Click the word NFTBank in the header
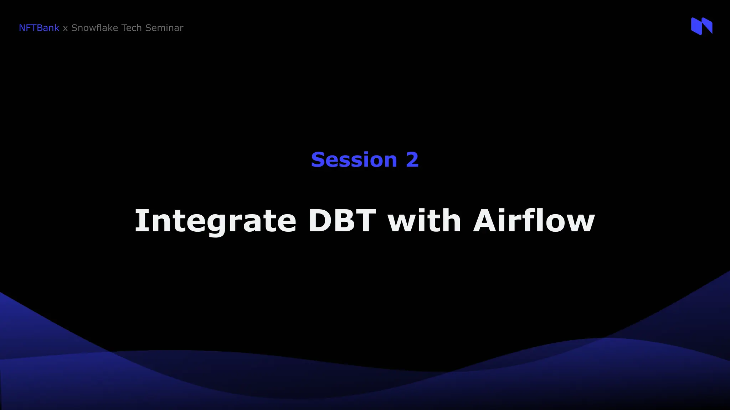point(39,28)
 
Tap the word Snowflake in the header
point(94,28)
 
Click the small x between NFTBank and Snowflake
point(65,28)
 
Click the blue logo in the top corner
point(701,26)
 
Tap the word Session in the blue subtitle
point(354,159)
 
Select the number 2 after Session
point(412,159)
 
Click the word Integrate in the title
point(215,221)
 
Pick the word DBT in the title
point(342,221)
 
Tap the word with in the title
point(424,221)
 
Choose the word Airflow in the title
point(534,221)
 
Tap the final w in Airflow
point(580,223)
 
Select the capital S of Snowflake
point(74,28)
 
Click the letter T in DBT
point(364,221)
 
